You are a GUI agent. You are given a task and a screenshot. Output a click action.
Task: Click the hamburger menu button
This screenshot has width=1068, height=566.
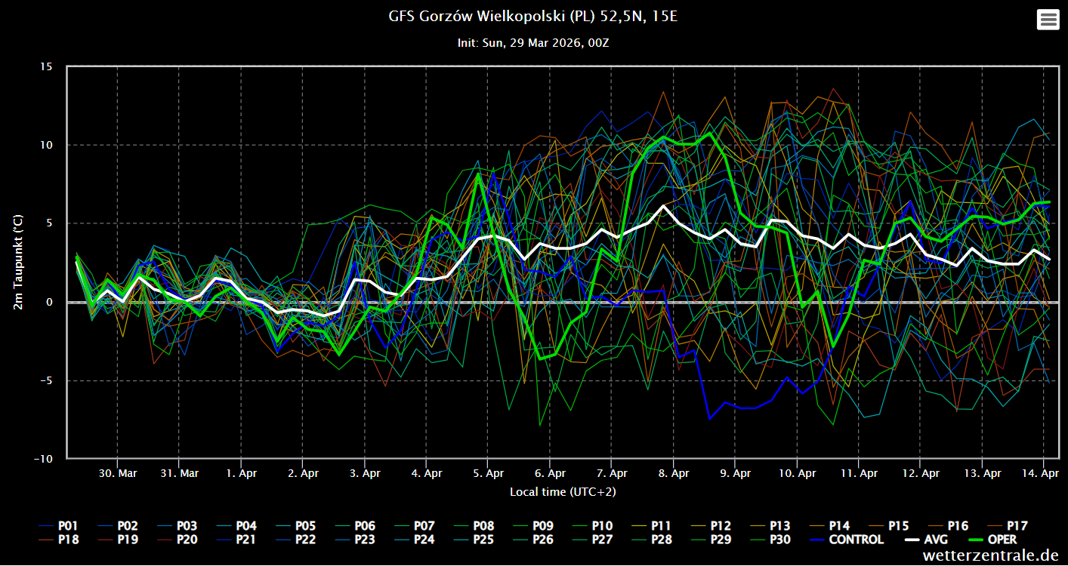pos(1048,20)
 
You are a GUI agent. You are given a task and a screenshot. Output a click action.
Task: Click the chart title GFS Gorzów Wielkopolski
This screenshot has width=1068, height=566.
pos(532,16)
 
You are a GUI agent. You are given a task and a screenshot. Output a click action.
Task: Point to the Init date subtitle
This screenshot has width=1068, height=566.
pos(532,43)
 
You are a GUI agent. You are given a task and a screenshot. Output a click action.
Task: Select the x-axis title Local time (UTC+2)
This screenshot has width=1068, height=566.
pos(563,492)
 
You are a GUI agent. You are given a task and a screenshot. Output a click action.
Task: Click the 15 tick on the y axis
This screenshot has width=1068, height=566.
pos(47,66)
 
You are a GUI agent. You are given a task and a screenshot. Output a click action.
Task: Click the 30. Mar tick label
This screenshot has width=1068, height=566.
pos(117,474)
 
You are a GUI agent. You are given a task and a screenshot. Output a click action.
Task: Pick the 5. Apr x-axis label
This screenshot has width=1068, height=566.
pos(488,474)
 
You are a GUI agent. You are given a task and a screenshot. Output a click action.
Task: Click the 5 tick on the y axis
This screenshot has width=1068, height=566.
pos(49,223)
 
